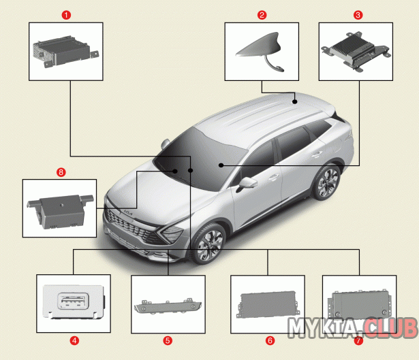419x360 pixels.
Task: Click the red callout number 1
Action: click(x=66, y=15)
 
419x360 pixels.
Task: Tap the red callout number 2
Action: click(x=262, y=15)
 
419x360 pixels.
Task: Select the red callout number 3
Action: click(x=358, y=15)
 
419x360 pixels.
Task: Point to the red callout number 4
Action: click(x=74, y=340)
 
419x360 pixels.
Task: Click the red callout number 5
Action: click(x=168, y=340)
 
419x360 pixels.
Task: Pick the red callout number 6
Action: click(x=270, y=340)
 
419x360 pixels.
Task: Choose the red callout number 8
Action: click(x=61, y=172)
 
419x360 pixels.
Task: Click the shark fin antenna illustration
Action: click(x=260, y=51)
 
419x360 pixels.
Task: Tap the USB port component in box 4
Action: click(x=74, y=301)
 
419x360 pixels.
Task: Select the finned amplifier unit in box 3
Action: click(x=356, y=51)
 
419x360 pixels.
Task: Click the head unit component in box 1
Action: click(x=65, y=51)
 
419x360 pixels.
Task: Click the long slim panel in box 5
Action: click(x=168, y=306)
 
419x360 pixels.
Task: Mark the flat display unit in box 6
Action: click(x=267, y=305)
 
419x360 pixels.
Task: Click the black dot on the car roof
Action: click(x=295, y=101)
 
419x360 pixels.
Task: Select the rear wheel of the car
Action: click(x=326, y=182)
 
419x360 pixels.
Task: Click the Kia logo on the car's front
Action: click(x=128, y=213)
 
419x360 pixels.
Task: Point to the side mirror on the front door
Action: click(x=247, y=184)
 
